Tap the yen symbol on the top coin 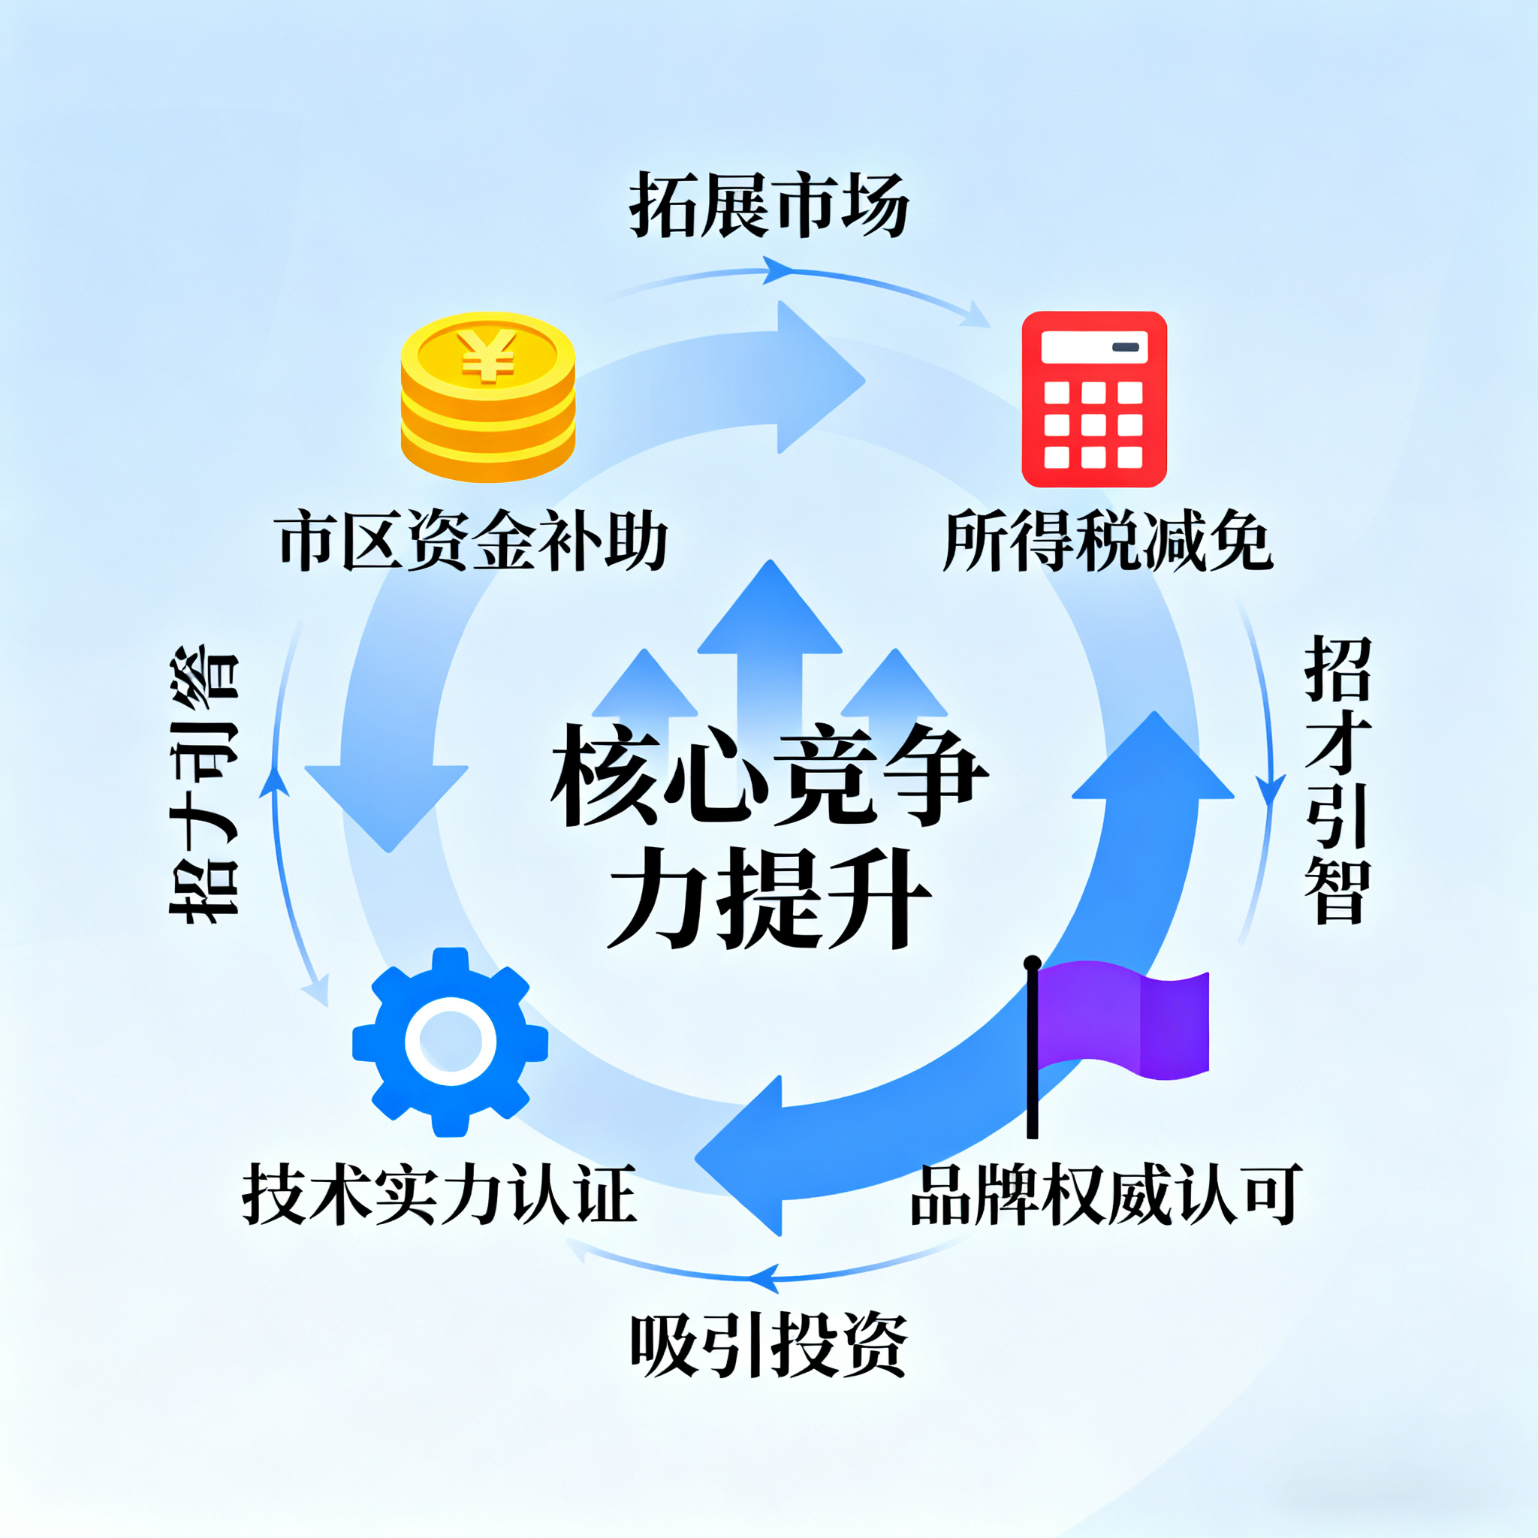487,355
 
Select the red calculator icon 1093,399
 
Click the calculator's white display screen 1093,347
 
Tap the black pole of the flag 1033,1051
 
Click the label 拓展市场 769,205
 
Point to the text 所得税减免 1108,541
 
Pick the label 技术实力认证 439,1194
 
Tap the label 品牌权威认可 1106,1194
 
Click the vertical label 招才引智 1337,780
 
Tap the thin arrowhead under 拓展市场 779,270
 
